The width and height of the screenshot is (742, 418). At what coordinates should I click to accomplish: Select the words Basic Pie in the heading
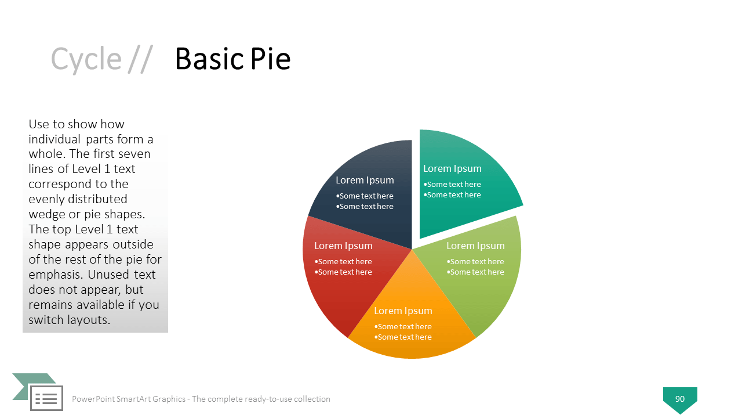[233, 59]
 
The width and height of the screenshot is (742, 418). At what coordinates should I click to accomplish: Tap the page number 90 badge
[680, 399]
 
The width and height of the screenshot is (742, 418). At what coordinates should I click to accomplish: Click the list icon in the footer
[46, 398]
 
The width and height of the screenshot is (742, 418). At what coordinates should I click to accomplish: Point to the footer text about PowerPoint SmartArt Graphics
[201, 399]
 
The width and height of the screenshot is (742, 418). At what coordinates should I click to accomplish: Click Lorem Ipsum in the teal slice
[452, 168]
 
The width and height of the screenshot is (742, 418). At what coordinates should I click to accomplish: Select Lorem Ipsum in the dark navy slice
[365, 180]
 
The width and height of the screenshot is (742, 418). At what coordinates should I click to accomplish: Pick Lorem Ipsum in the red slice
[343, 246]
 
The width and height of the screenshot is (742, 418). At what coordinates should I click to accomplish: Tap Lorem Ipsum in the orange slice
[403, 311]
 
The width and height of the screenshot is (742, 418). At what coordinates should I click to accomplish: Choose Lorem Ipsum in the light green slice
[475, 246]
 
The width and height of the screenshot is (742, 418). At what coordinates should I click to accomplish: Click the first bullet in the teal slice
[452, 185]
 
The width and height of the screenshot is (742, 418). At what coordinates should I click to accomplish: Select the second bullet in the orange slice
[403, 337]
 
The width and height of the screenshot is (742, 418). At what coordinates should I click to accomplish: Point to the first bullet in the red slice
[343, 262]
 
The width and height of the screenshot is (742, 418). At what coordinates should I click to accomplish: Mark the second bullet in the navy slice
[365, 206]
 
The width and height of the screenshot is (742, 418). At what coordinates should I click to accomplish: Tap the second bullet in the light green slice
[475, 272]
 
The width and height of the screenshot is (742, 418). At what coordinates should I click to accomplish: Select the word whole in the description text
[47, 154]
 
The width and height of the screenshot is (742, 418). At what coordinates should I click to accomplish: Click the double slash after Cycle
[140, 59]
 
